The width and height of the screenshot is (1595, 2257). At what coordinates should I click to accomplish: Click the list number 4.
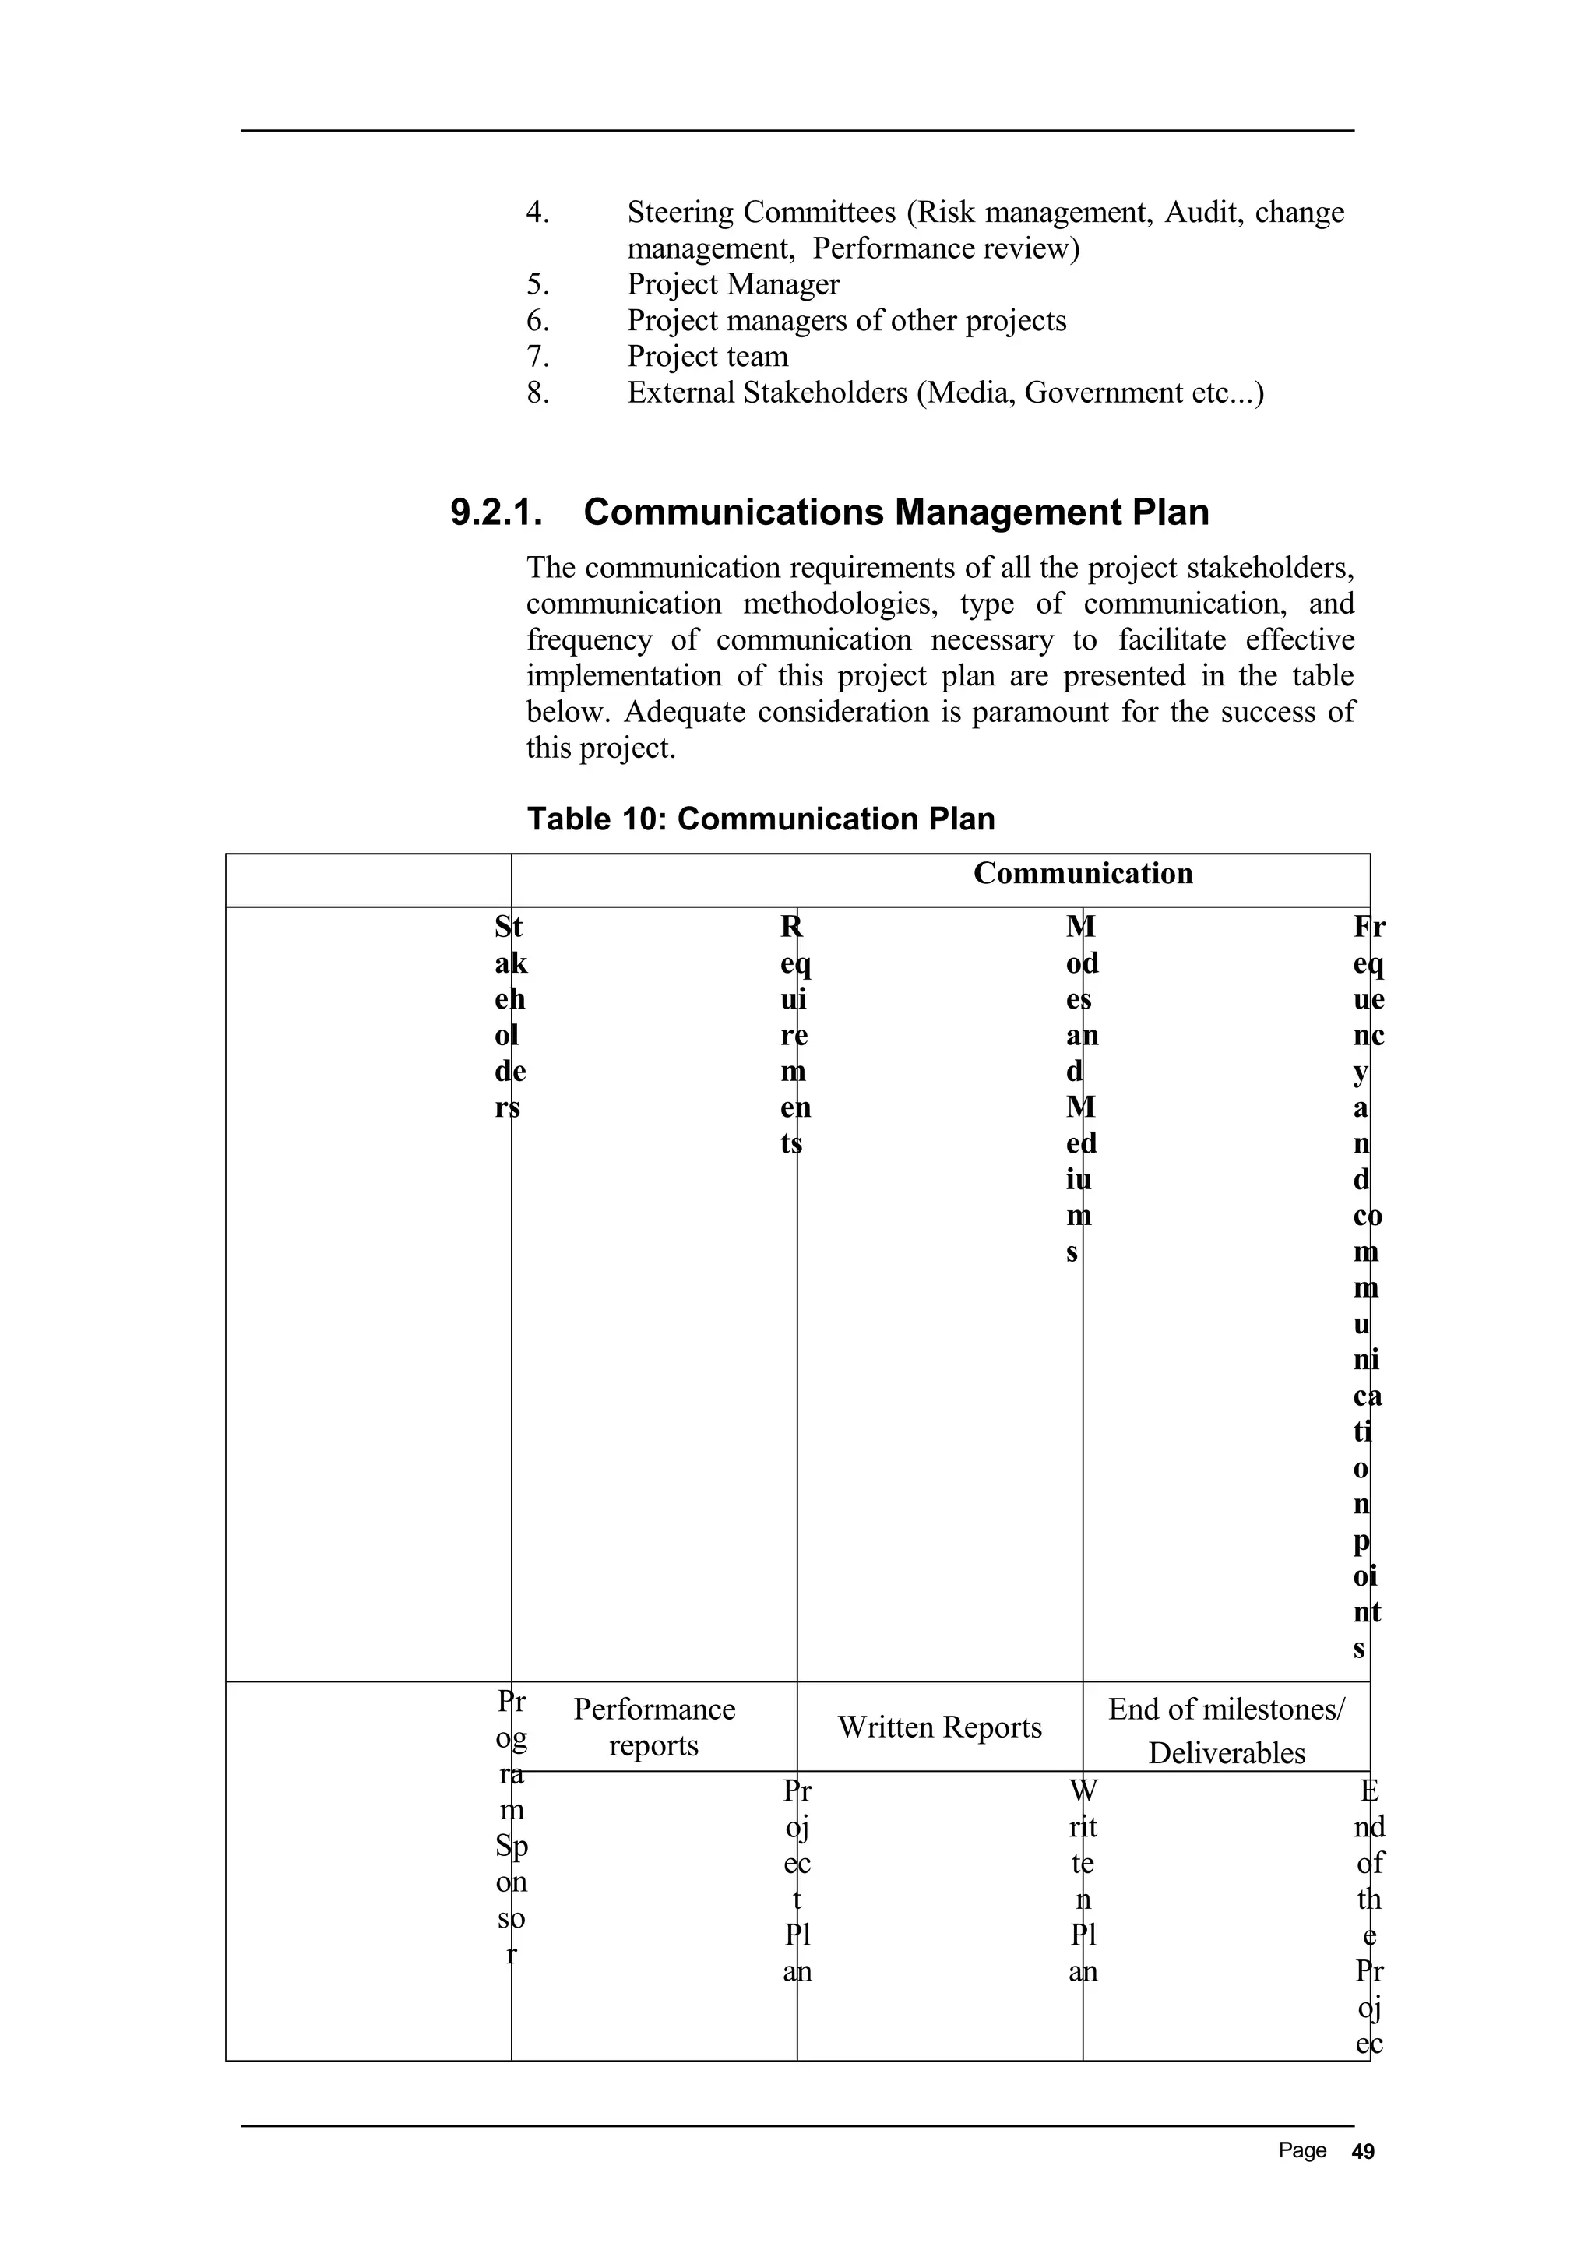pyautogui.click(x=537, y=213)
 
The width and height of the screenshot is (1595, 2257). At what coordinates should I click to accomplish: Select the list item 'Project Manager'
pyautogui.click(x=733, y=285)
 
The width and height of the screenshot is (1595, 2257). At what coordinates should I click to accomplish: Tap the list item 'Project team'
pyautogui.click(x=708, y=357)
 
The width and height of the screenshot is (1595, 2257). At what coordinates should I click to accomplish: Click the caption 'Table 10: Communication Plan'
pyautogui.click(x=761, y=819)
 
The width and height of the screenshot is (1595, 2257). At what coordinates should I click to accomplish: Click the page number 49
pyautogui.click(x=1363, y=2152)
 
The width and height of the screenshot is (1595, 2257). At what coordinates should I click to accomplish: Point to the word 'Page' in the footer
pyautogui.click(x=1302, y=2151)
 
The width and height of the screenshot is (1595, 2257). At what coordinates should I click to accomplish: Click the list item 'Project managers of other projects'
pyautogui.click(x=846, y=322)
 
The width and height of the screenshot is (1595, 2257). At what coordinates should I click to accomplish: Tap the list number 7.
pyautogui.click(x=537, y=357)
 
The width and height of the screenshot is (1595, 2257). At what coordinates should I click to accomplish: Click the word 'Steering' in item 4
pyautogui.click(x=680, y=213)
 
